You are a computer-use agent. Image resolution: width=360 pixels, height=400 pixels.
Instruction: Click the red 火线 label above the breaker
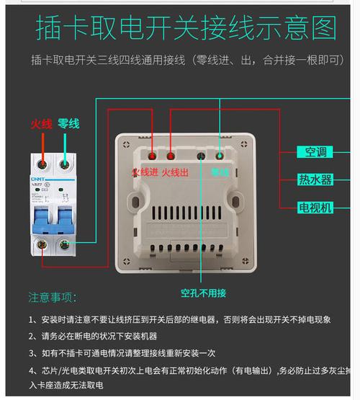(41, 124)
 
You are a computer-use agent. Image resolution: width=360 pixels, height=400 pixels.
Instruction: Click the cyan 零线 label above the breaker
(68, 124)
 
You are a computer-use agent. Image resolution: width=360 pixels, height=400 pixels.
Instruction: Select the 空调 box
(315, 152)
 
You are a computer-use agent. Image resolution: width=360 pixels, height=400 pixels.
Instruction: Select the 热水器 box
(315, 179)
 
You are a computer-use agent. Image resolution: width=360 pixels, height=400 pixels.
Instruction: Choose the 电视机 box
(315, 208)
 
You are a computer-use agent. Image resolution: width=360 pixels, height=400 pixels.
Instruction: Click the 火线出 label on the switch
(175, 172)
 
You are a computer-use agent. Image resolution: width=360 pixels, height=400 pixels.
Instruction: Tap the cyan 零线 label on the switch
(220, 172)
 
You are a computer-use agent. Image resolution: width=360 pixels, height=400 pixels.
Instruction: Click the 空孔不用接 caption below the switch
(204, 293)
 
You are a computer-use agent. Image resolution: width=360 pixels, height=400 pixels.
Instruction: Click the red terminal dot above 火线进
(151, 155)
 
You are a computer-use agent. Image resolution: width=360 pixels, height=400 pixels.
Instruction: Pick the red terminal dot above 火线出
(171, 155)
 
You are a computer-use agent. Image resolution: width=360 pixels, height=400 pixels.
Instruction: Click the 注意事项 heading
(51, 297)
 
